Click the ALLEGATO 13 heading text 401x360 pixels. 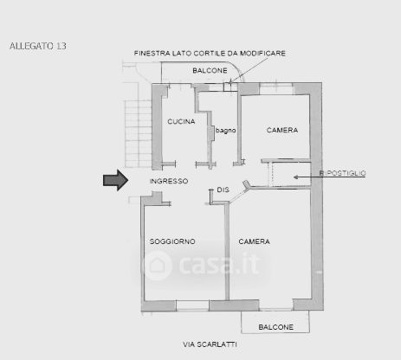coord(38,46)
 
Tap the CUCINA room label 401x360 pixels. coord(181,122)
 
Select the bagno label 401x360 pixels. coord(225,131)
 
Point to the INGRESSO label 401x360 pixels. coord(169,181)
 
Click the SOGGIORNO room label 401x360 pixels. coord(172,241)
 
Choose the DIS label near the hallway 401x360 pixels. coord(223,190)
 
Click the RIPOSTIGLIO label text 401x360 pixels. coord(342,173)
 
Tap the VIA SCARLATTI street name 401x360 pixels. coord(210,344)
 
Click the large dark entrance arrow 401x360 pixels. coord(115,180)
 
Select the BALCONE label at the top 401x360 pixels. coord(210,71)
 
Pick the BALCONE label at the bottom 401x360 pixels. coord(276,327)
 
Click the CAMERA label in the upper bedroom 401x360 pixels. coord(282,130)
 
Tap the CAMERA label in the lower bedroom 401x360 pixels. coord(254,241)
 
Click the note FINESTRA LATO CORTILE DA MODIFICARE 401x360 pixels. coord(210,54)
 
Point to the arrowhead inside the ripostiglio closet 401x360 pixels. coord(295,177)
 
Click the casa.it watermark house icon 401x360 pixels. coord(157,266)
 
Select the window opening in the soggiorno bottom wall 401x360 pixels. coord(192,305)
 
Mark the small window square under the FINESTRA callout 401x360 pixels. coord(228,87)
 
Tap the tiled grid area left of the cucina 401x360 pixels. coord(139,133)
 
